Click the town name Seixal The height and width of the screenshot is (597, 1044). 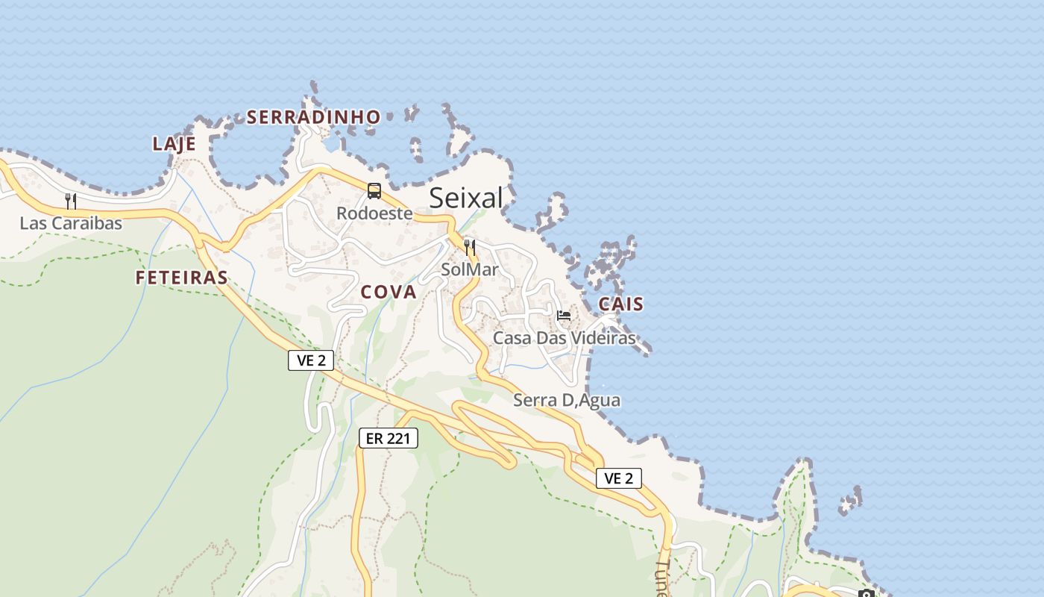pos(466,198)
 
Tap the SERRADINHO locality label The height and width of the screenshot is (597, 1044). pos(313,117)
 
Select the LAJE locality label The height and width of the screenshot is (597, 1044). pos(174,144)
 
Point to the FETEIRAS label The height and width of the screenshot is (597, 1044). pos(181,278)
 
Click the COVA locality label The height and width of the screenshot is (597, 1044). pos(389,292)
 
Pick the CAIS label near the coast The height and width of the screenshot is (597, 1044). pos(620,304)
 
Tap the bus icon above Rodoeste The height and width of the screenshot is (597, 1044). pos(374,191)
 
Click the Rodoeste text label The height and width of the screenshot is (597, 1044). pos(374,213)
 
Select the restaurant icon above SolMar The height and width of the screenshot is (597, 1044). pos(469,247)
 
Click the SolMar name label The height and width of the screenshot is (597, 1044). pos(469,269)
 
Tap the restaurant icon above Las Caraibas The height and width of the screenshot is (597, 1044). pos(71,201)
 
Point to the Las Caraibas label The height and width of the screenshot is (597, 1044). pos(71,223)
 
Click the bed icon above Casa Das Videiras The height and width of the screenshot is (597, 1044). pos(564,316)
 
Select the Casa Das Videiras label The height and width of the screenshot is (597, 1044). pos(565,338)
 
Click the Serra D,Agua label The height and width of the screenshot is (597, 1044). pos(567,400)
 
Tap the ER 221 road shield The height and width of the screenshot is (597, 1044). pos(389,438)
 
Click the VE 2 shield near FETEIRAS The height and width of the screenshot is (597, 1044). pos(311,360)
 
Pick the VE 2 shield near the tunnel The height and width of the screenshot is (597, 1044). pos(618,478)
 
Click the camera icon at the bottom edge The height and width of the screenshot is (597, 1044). pos(866,593)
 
